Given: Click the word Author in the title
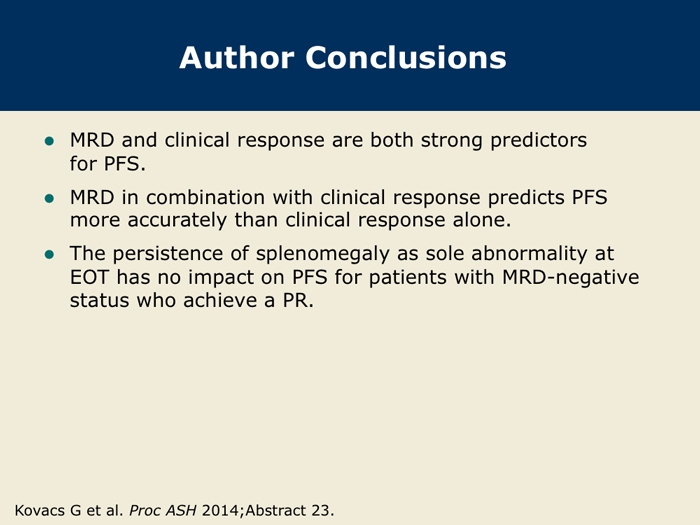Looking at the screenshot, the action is pos(237,58).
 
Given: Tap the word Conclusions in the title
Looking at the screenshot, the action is pos(406,58).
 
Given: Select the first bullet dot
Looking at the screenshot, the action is pos(50,142).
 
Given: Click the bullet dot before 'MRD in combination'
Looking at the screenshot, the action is pos(50,198).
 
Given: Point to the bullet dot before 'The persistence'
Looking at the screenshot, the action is pos(50,255).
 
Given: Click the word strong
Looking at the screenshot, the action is pos(452,141).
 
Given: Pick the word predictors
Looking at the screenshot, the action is pos(539,141).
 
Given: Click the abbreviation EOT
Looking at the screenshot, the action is pos(89,277).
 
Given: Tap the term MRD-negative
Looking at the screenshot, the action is pos(571,278).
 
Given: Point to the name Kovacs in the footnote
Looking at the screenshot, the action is pos(39,510).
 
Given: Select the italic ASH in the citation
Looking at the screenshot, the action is pos(181,510).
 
